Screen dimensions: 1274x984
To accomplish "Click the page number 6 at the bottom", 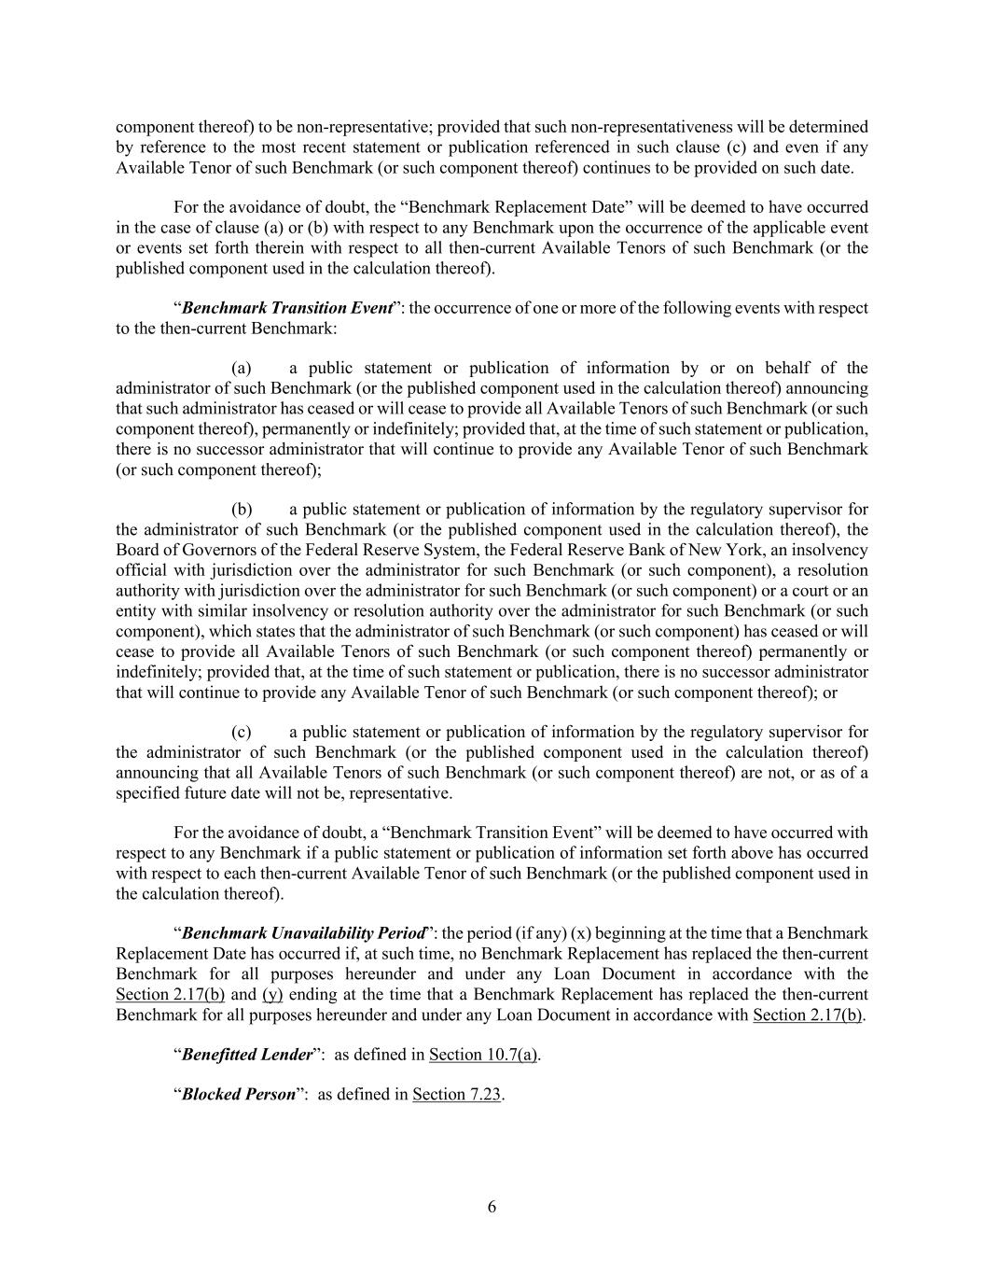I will pos(492,1207).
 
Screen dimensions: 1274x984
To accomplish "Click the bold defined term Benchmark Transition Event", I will pos(286,308).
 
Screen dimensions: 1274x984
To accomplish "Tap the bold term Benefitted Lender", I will pos(247,1055).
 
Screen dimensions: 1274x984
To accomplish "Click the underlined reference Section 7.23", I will pos(457,1095).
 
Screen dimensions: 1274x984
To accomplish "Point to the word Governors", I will pos(215,551).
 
